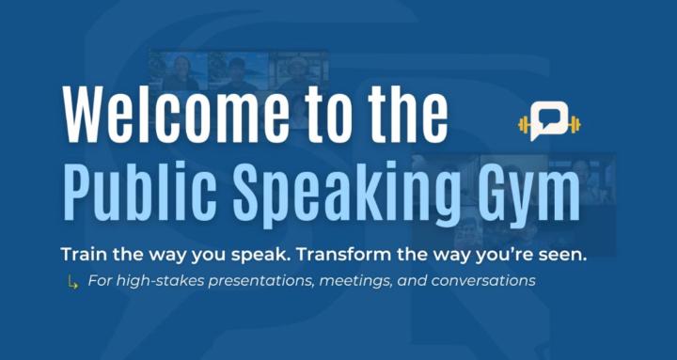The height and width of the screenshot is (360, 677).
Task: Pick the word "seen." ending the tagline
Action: click(x=561, y=256)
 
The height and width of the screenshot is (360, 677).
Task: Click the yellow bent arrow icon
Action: click(x=72, y=281)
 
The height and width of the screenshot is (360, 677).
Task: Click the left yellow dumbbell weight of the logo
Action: click(x=525, y=123)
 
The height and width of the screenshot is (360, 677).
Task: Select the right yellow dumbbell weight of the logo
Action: click(x=574, y=123)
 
